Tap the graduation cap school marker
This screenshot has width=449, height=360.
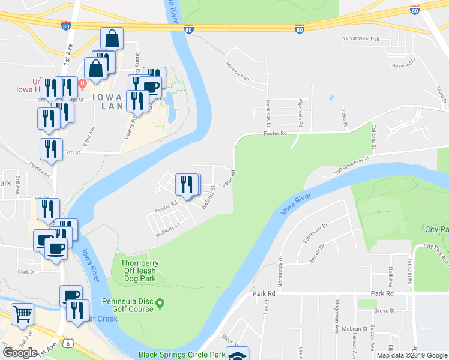coord(237,354)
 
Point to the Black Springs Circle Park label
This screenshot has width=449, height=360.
coord(181,355)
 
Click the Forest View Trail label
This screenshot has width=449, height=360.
coord(361,39)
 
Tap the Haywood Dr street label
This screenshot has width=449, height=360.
coord(404,65)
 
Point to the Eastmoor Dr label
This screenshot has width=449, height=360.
coord(315,233)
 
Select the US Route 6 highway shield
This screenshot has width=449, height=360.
coord(70,343)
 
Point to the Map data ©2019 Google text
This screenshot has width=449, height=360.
coord(412,355)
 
